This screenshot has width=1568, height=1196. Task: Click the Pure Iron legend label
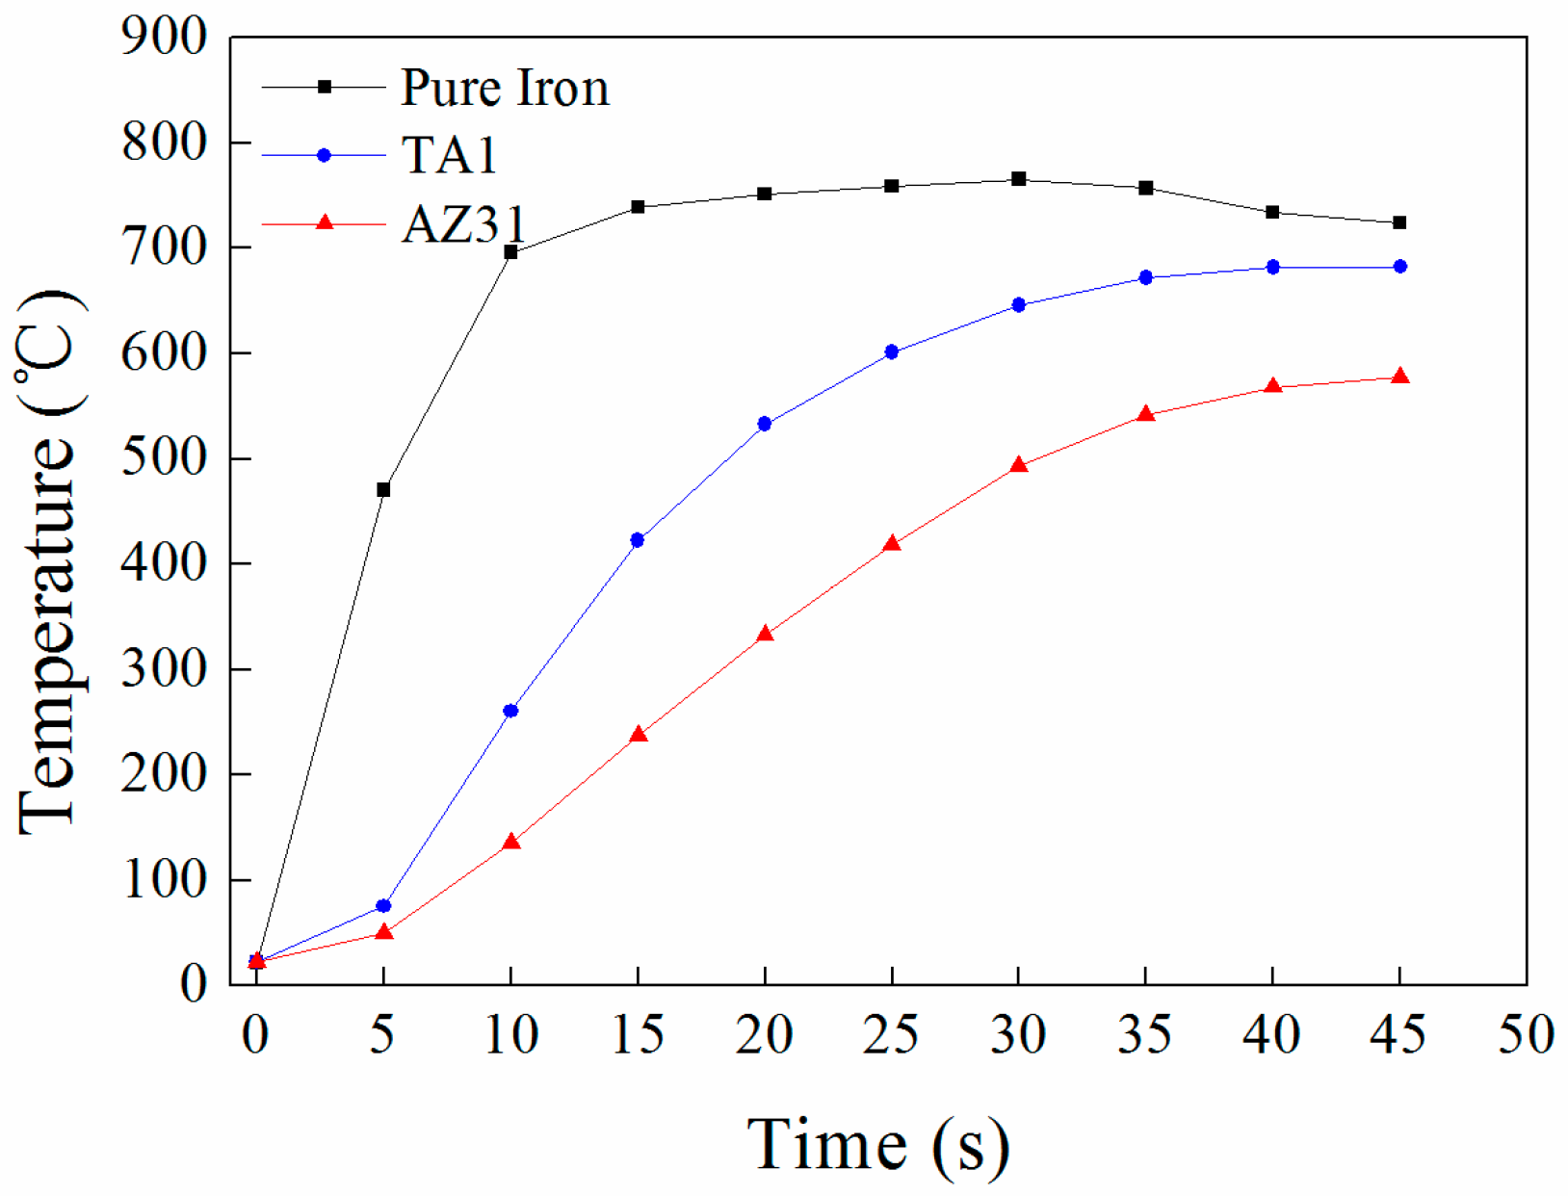pos(504,88)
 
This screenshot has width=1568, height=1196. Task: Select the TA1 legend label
pos(449,155)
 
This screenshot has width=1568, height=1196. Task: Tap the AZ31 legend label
pos(463,224)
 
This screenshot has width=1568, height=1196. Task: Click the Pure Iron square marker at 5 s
pos(383,490)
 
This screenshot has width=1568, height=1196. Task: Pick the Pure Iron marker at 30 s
pos(1018,179)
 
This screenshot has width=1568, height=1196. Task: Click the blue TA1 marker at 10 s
pos(510,711)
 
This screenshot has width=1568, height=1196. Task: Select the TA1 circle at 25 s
pos(891,352)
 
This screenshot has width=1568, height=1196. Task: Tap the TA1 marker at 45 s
pos(1399,267)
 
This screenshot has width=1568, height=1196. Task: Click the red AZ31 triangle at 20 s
pos(765,635)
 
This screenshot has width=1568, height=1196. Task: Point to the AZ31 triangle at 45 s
pos(1399,377)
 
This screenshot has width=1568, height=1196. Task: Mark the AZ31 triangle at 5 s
pos(383,932)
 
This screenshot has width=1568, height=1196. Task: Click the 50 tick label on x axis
pos(1526,1035)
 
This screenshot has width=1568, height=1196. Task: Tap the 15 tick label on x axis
pos(638,1035)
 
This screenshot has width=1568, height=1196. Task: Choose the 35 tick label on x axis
pos(1144,1035)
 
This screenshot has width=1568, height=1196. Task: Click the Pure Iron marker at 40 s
pos(1272,212)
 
